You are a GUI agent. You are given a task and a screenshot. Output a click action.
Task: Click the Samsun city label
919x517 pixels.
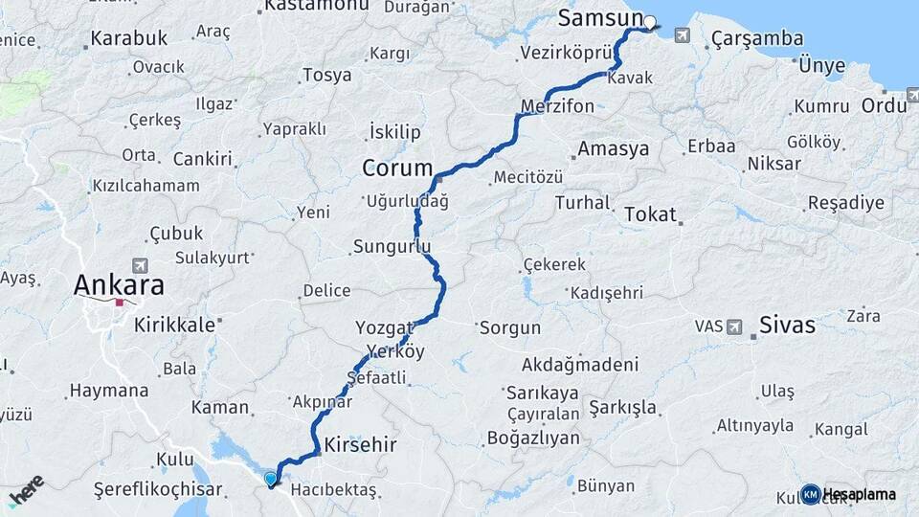(598, 19)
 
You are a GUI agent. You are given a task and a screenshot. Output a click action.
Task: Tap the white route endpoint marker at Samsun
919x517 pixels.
(650, 22)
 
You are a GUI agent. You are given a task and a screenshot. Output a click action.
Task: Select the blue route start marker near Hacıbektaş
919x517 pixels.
(271, 478)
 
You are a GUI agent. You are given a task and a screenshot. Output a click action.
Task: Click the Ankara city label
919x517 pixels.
(119, 284)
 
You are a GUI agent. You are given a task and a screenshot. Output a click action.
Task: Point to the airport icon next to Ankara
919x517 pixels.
(141, 264)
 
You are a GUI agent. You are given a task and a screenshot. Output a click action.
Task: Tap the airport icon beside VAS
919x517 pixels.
(735, 326)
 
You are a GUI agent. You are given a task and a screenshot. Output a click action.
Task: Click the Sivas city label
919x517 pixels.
(787, 326)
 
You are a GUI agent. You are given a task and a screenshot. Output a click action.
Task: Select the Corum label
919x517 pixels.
(397, 169)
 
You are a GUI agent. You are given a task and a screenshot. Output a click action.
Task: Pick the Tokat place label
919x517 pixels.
(650, 214)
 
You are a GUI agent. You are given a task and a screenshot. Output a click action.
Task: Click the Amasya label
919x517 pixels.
(614, 149)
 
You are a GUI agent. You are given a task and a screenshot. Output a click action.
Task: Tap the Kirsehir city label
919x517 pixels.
(361, 445)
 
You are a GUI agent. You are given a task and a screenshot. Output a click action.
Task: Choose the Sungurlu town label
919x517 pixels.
(392, 247)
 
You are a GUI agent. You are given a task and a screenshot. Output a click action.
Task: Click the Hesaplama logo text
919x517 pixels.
(859, 494)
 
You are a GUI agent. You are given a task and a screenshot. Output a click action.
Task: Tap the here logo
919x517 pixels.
(26, 490)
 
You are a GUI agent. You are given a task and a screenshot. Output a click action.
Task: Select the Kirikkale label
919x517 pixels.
(174, 326)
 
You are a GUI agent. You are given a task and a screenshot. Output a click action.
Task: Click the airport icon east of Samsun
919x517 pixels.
(682, 36)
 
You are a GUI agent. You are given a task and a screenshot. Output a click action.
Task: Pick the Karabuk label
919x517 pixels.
(129, 39)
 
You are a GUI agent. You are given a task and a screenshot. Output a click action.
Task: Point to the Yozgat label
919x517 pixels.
(384, 326)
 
